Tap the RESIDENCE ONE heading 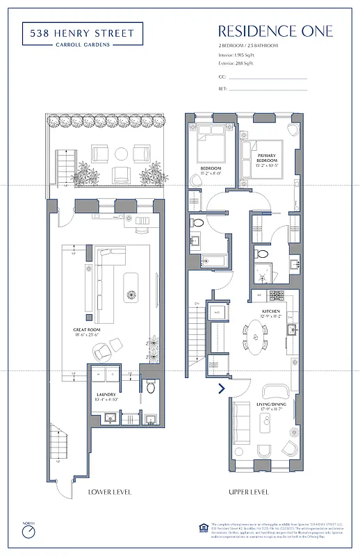tap(275, 31)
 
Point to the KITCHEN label tap(270, 312)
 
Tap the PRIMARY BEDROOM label tap(268, 161)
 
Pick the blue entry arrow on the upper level tap(222, 389)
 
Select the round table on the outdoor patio tap(120, 154)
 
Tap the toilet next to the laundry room tap(150, 388)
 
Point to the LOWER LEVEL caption tap(109, 493)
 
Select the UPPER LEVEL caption tap(248, 493)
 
